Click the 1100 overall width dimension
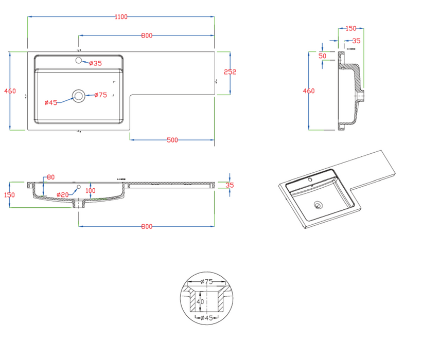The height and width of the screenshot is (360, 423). [x=121, y=17]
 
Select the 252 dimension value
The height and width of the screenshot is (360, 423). [x=230, y=73]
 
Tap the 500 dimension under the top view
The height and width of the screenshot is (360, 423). [x=172, y=140]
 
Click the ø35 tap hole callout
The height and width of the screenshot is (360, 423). [x=96, y=63]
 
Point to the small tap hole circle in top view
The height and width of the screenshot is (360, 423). [x=79, y=61]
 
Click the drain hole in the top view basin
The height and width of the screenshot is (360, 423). [x=79, y=95]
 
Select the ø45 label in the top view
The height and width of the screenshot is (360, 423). [x=50, y=102]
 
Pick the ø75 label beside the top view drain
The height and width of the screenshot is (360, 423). [x=100, y=95]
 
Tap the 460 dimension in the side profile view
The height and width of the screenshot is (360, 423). [x=309, y=91]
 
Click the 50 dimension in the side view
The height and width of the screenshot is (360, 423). [x=323, y=56]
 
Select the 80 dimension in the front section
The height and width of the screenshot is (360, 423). [x=50, y=177]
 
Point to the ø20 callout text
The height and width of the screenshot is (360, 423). [x=62, y=194]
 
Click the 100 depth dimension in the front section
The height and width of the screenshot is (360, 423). [x=91, y=191]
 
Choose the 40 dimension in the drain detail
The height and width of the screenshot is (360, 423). [x=201, y=301]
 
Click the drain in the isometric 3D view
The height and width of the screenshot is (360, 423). [x=318, y=205]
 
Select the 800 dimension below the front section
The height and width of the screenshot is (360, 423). [x=147, y=226]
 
